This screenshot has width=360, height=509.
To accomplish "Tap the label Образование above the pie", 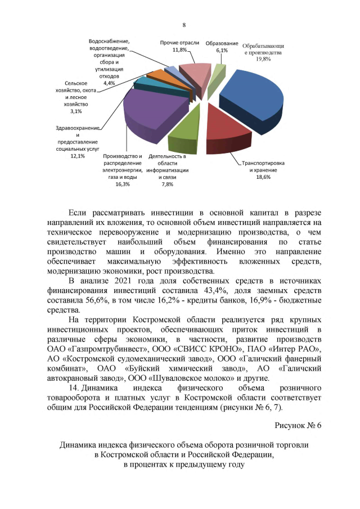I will click(x=221, y=43).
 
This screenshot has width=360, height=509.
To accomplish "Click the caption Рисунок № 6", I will click(x=298, y=425).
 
